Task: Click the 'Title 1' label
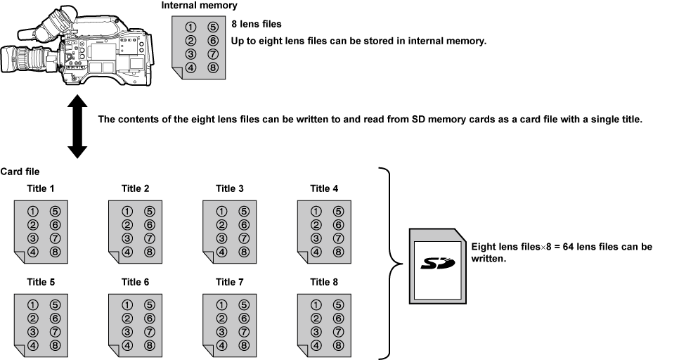41,188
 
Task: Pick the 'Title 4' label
324,188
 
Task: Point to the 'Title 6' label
135,282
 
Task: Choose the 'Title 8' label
324,282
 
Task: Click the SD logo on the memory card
436,265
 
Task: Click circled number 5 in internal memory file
214,29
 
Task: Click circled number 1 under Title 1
32,210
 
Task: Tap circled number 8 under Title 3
243,251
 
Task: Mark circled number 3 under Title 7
221,331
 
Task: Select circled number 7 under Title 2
149,238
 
